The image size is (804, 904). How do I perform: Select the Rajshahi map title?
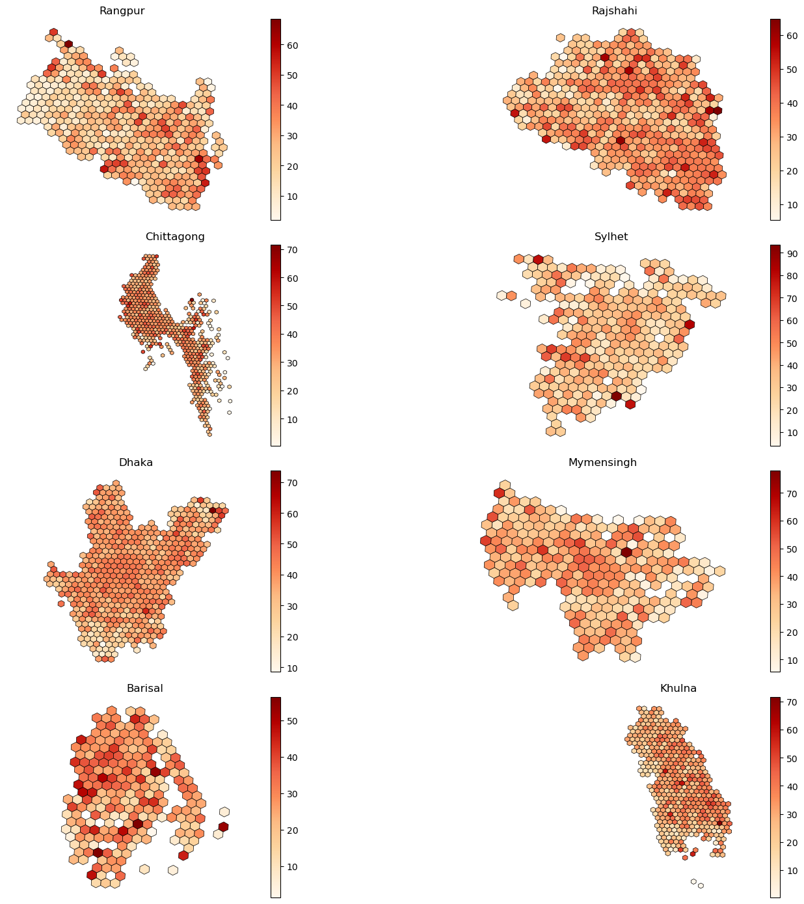coord(614,11)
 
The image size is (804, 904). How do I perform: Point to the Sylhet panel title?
coord(611,237)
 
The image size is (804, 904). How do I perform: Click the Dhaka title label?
coord(136,463)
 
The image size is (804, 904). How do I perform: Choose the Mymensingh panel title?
coord(602,463)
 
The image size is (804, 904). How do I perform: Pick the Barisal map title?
coord(144,689)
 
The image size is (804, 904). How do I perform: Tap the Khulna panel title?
coord(678,689)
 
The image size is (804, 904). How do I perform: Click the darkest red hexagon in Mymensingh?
coord(626,552)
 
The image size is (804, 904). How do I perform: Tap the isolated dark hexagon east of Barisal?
coord(223,827)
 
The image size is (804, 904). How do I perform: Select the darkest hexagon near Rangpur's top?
coord(68,44)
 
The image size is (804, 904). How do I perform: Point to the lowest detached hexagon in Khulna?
coord(701,885)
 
